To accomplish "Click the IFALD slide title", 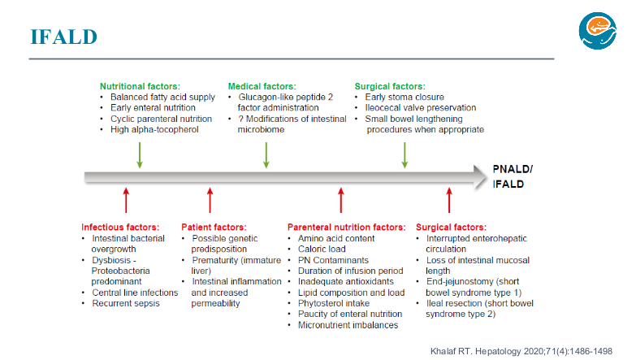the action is click(63, 37).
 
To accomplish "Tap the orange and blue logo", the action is click(598, 31).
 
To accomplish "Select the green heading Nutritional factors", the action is click(140, 86).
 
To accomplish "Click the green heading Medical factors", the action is click(262, 86).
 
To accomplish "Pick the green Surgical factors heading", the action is click(390, 86).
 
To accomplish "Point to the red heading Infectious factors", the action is click(120, 228).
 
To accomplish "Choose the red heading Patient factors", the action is click(214, 228).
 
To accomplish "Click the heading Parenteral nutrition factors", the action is click(346, 228).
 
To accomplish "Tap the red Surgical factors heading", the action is click(451, 228).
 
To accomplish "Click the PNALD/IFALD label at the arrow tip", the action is click(513, 176).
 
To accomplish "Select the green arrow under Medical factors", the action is click(266, 155).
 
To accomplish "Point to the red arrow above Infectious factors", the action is click(126, 200).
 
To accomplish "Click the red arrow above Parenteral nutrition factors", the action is click(340, 200).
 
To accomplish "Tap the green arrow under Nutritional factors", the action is click(140, 155).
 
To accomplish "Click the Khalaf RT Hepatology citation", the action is click(521, 352).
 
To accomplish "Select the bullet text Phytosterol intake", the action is click(334, 303).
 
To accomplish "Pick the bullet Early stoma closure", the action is click(405, 97).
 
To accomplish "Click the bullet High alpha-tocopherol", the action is click(154, 129).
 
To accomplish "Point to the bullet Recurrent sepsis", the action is click(126, 303).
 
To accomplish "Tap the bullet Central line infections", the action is click(135, 293).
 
